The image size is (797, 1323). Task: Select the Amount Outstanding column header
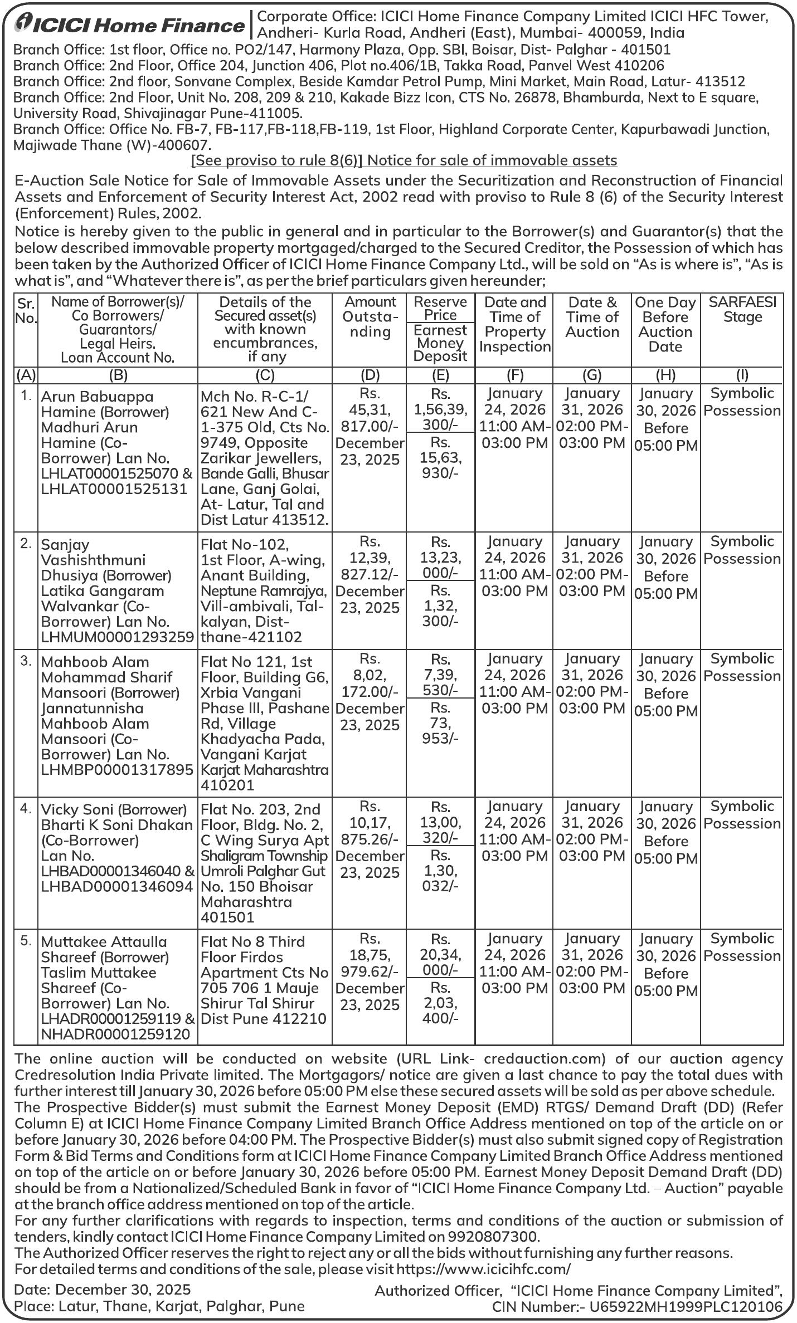(x=370, y=316)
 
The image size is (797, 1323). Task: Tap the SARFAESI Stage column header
(x=742, y=310)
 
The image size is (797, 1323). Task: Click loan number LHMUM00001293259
(x=118, y=637)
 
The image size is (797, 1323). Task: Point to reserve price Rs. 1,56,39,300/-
(x=440, y=409)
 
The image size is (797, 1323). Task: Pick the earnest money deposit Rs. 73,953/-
(x=440, y=722)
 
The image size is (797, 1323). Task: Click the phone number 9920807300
(x=493, y=1237)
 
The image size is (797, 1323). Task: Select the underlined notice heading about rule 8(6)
(x=404, y=160)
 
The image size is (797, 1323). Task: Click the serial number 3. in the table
(x=26, y=661)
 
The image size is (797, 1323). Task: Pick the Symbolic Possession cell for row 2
(x=742, y=550)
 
